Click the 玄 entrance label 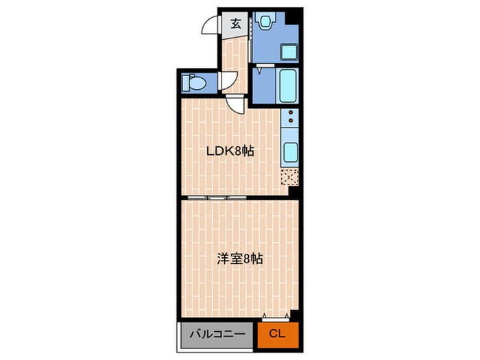tap(235, 24)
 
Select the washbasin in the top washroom tap(265, 21)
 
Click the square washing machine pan tap(289, 52)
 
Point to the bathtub tap(288, 86)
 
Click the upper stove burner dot tap(291, 113)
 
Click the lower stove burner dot tap(291, 120)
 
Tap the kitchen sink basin tap(290, 152)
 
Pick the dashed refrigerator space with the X tap(289, 177)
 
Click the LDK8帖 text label tap(230, 151)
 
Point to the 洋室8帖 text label tap(240, 259)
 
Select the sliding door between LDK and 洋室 tap(217, 197)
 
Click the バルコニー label tap(217, 334)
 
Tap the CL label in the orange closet tap(277, 333)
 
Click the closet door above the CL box tap(276, 319)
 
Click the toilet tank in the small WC tap(186, 83)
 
